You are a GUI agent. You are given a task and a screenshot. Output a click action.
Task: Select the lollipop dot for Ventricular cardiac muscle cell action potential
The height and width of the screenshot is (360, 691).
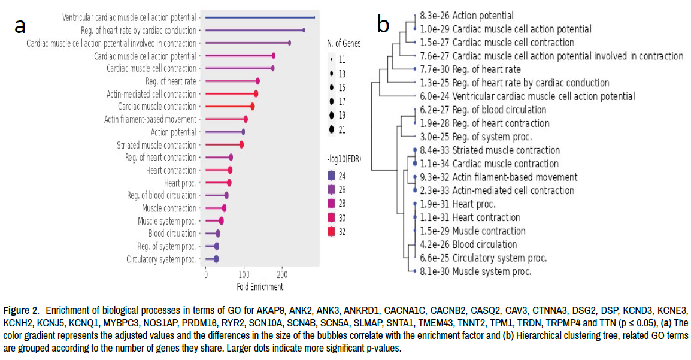pyautogui.click(x=314, y=17)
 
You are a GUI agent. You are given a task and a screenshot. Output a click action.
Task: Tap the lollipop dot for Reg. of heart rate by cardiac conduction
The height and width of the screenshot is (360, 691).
pyautogui.click(x=303, y=30)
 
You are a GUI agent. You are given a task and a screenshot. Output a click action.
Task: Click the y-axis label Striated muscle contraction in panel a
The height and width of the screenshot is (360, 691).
pyautogui.click(x=156, y=145)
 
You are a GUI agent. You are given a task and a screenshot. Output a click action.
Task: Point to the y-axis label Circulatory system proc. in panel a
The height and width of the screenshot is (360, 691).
pyautogui.click(x=161, y=259)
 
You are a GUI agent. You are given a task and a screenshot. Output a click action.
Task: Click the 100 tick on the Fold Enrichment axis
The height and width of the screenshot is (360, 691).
pyautogui.click(x=244, y=274)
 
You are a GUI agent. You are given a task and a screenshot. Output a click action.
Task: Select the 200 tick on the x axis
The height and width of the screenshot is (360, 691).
pyautogui.click(x=282, y=274)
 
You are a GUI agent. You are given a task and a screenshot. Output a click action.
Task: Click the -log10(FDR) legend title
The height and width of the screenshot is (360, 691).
pyautogui.click(x=348, y=158)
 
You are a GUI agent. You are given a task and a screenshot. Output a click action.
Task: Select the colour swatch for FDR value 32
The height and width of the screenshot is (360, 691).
pyautogui.click(x=331, y=232)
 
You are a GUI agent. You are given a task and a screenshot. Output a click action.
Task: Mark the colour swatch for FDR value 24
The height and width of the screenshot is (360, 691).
pyautogui.click(x=331, y=176)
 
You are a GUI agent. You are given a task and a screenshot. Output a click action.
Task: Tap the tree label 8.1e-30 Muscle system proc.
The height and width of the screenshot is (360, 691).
pyautogui.click(x=475, y=271)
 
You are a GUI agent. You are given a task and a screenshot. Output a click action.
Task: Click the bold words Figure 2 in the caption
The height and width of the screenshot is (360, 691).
pyautogui.click(x=22, y=310)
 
